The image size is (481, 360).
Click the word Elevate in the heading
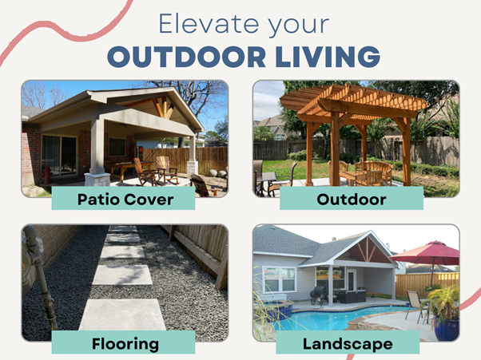coord(209,24)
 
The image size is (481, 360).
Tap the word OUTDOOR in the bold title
coord(186,57)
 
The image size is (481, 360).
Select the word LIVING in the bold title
coord(328,57)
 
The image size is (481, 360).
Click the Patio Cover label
coord(123,198)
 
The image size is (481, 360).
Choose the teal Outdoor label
coord(352,198)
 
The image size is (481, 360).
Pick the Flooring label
coord(123,342)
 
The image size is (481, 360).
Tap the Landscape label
coord(348,342)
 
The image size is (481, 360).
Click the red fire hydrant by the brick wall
coord(47,176)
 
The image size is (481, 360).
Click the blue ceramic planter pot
coord(447,329)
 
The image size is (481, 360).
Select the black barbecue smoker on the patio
coord(320,295)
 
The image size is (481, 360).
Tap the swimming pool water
coord(332,318)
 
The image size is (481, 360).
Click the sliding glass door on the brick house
coord(59,156)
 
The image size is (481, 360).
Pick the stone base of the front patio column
coord(97,180)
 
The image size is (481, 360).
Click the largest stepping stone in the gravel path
coord(122,315)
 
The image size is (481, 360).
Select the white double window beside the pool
coord(280,279)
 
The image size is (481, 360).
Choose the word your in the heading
coord(299,26)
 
